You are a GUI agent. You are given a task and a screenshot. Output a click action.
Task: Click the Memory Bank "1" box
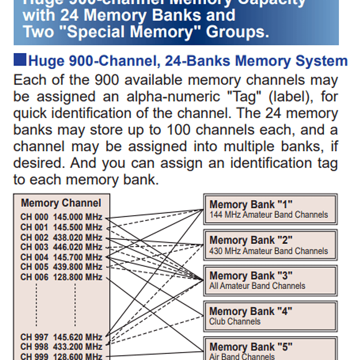click(270, 209)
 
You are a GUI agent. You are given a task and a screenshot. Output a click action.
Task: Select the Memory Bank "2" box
click(270, 245)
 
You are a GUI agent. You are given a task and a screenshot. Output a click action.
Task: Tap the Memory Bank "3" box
click(270, 280)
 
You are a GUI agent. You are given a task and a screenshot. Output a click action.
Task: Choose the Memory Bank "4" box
click(270, 316)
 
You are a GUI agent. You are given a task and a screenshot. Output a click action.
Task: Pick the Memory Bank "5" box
click(270, 350)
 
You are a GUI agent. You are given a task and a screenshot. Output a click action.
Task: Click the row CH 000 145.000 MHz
click(61, 217)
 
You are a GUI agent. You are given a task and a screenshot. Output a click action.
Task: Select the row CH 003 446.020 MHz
click(61, 247)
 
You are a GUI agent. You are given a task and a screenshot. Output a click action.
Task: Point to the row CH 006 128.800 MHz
click(61, 277)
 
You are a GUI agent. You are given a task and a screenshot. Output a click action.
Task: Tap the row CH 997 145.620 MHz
click(61, 337)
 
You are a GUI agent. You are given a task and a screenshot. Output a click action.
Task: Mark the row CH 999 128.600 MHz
click(61, 356)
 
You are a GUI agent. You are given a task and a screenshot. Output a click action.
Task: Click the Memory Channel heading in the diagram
click(61, 203)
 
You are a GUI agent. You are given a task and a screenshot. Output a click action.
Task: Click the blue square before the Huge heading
click(20, 61)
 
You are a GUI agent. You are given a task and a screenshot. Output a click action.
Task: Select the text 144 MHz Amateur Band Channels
click(268, 215)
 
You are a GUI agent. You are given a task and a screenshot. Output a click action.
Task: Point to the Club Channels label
click(235, 321)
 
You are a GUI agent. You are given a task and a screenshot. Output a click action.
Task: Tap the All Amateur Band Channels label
click(257, 286)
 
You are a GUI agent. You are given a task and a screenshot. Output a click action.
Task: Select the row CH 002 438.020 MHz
click(61, 237)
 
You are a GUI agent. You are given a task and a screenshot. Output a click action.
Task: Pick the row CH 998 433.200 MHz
click(61, 346)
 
